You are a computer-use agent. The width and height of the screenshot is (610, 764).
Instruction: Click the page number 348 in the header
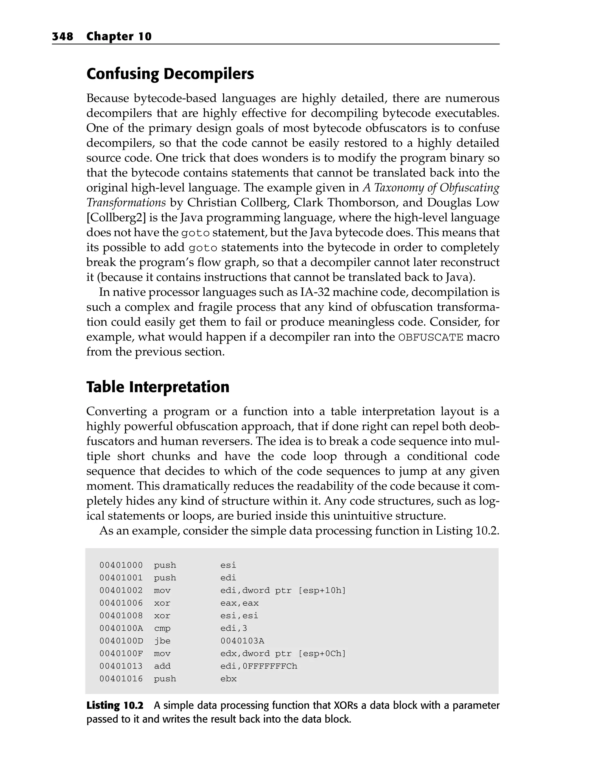pos(63,37)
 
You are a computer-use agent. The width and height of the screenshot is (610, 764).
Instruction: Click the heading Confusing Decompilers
pos(170,74)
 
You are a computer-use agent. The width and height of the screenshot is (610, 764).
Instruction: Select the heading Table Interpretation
pos(158,387)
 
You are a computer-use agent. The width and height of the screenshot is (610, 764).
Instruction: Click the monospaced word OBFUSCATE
pos(431,337)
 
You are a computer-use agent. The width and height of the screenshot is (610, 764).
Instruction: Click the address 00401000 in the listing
pos(121,565)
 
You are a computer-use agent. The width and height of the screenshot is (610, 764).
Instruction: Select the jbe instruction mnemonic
pos(162,641)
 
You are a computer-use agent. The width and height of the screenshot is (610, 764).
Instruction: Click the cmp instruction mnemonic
pos(162,628)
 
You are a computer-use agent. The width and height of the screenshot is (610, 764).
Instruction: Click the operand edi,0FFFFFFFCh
pos(259,666)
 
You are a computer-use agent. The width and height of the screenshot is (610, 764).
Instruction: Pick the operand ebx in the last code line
pos(228,679)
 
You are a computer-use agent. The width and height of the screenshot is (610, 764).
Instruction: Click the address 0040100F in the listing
pos(121,654)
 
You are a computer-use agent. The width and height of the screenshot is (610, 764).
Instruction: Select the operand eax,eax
pos(239,603)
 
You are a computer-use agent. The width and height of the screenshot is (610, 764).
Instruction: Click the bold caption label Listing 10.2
pos(115,706)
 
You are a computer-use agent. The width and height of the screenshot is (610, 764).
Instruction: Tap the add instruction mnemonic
pos(162,666)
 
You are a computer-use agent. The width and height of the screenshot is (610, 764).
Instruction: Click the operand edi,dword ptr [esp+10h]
pos(283,590)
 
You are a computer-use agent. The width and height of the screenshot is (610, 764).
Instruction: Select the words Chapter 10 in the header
pos(119,37)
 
